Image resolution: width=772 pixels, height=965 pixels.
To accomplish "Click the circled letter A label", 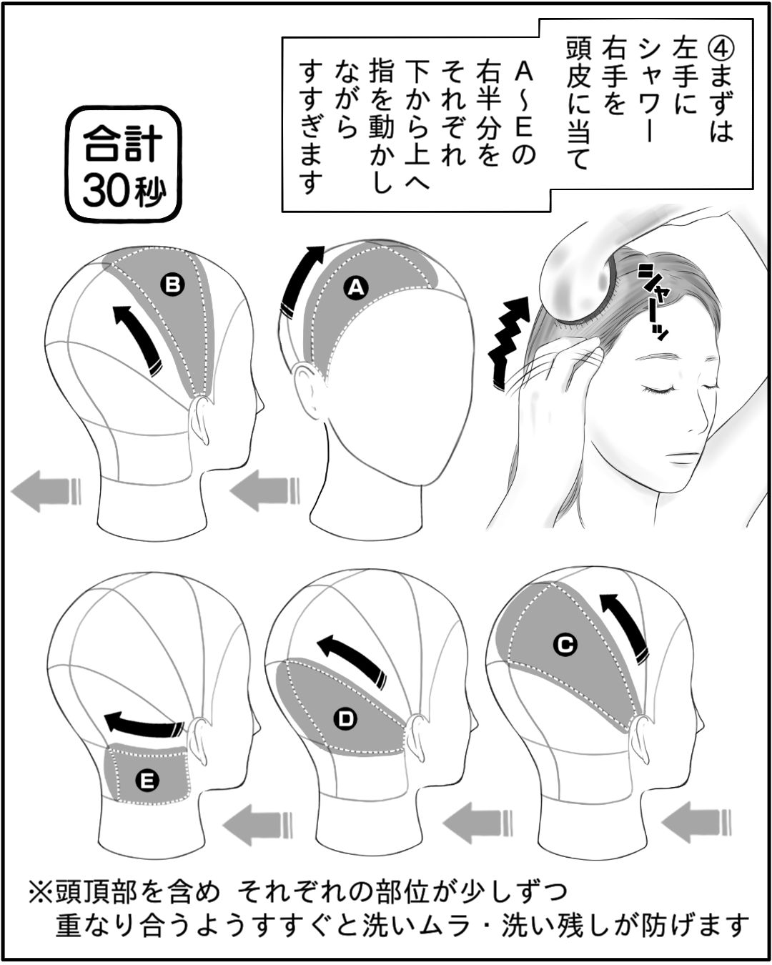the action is pyautogui.click(x=356, y=287).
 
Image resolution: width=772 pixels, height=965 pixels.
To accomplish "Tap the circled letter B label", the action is pyautogui.click(x=173, y=284).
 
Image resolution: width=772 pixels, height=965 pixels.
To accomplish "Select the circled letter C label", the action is pyautogui.click(x=565, y=645).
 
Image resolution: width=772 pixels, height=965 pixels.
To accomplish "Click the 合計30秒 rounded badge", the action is pyautogui.click(x=124, y=164).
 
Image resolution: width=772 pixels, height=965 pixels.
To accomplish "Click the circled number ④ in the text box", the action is pyautogui.click(x=721, y=51).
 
